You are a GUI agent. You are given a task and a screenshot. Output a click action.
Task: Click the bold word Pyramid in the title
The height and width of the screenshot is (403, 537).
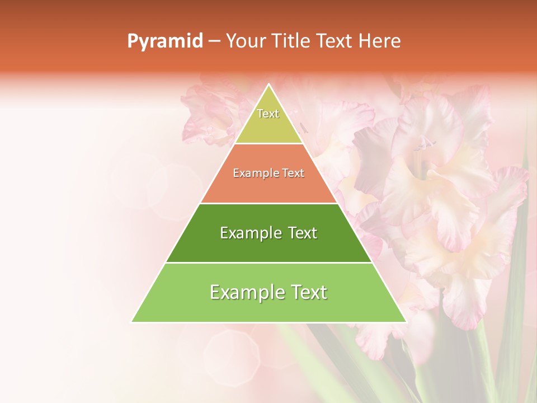[165, 41]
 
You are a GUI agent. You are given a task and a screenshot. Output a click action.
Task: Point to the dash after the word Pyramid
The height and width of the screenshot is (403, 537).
[214, 41]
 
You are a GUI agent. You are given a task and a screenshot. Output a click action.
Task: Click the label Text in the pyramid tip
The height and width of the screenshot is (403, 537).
[268, 114]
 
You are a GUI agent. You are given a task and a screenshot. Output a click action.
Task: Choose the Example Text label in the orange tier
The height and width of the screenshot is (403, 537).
[268, 174]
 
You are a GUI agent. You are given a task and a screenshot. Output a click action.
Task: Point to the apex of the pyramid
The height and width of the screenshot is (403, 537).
[269, 85]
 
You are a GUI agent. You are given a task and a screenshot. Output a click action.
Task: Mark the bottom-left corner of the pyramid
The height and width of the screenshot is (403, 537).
[132, 322]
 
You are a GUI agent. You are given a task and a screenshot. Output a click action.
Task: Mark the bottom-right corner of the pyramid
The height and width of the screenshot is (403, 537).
[406, 322]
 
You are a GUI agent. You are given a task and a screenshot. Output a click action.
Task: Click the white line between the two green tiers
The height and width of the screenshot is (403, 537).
[269, 263]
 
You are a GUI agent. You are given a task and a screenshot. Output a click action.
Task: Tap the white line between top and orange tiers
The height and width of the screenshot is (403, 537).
[269, 143]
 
